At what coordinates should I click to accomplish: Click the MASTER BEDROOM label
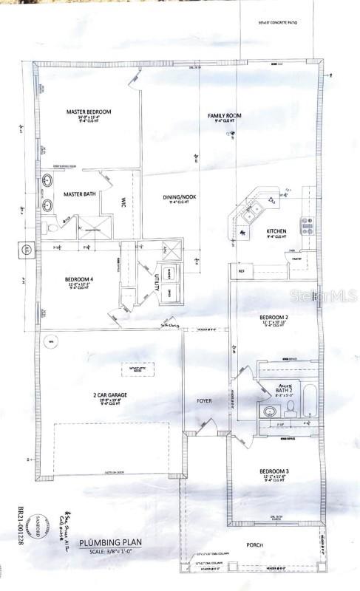click(89, 112)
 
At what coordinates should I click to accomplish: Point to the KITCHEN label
click(277, 231)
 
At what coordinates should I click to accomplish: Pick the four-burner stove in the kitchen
click(305, 225)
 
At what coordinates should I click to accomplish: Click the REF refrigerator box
click(242, 271)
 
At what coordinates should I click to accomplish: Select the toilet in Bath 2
click(291, 406)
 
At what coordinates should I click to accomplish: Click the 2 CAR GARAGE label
click(110, 395)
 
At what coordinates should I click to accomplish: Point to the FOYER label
click(204, 401)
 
